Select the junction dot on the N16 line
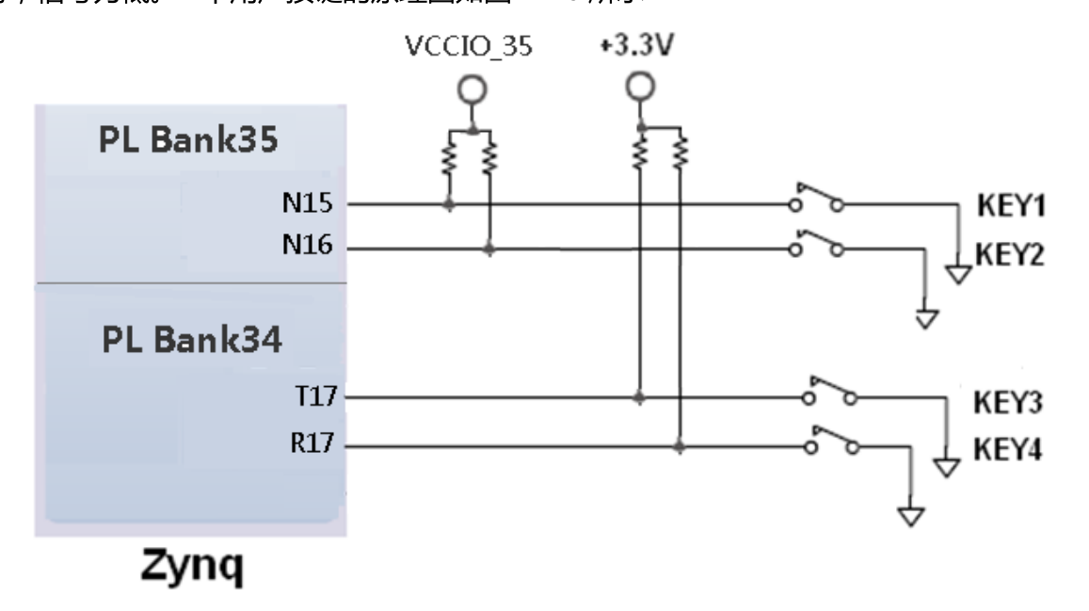tap(488, 249)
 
